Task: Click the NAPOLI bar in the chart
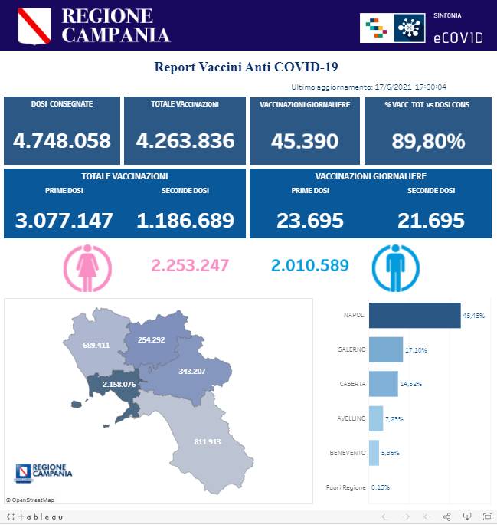[x=414, y=315]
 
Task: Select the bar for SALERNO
[x=386, y=349]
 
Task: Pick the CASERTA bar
[x=383, y=383]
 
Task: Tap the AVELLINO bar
[x=376, y=418]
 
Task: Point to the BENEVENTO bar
[x=374, y=452]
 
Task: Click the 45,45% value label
[x=473, y=315]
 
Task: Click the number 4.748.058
[x=62, y=141]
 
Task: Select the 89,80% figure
[x=428, y=141]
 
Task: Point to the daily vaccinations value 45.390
[x=305, y=141]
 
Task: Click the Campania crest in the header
[x=34, y=25]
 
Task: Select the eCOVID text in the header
[x=458, y=37]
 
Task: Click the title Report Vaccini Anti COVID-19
[x=247, y=67]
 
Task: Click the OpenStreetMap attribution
[x=30, y=500]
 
